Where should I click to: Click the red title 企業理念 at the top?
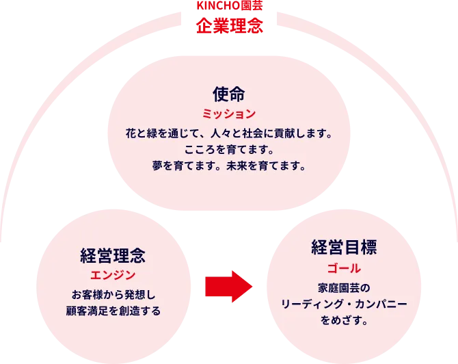(x=228, y=26)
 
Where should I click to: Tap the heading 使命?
(x=228, y=92)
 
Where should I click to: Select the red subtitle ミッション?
(x=228, y=114)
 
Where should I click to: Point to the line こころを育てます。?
(x=228, y=149)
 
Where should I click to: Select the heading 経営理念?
(x=112, y=256)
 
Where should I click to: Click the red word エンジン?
(x=112, y=275)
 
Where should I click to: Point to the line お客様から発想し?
(x=112, y=295)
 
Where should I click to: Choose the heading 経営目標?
(x=344, y=246)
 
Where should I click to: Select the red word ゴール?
(x=344, y=267)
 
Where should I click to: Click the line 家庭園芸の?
(x=344, y=287)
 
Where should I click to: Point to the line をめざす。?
(x=344, y=320)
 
